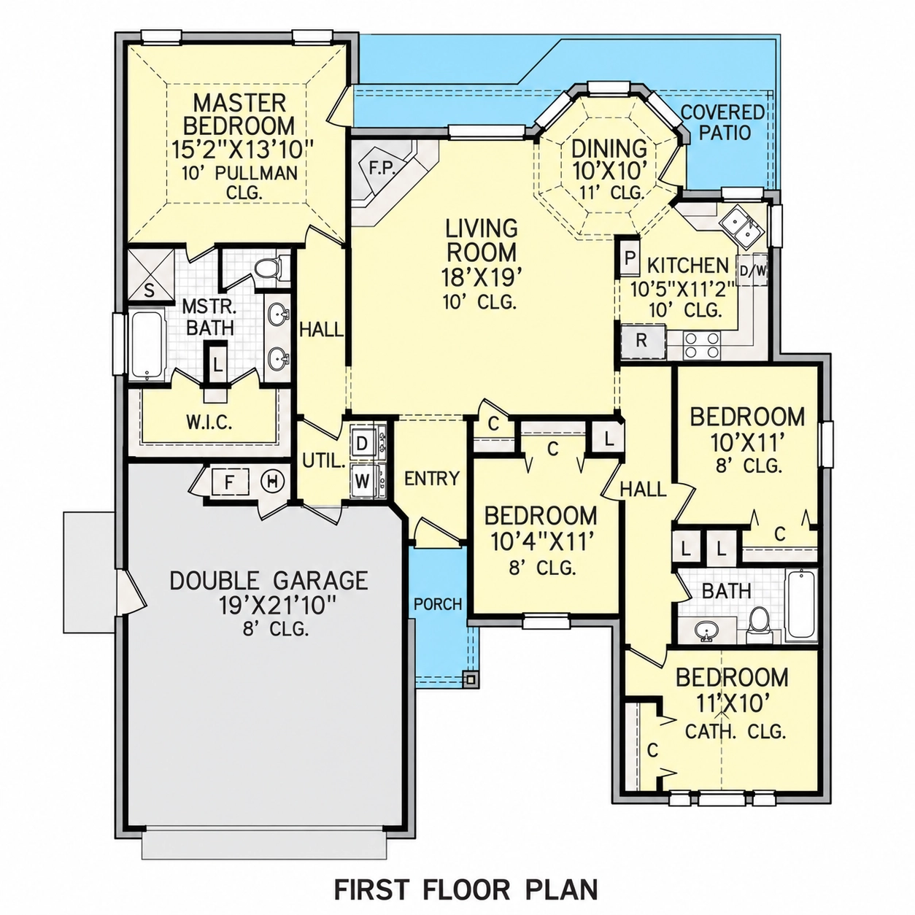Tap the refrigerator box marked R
point(642,341)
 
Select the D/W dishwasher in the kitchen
point(752,271)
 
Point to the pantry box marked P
point(629,258)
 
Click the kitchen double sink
point(741,229)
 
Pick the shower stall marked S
point(150,274)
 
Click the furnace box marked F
point(230,483)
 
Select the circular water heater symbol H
point(273,482)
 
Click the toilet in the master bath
point(271,269)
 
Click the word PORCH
point(438,604)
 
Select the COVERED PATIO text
point(722,123)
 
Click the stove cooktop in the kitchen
point(701,345)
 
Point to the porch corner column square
point(471,680)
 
